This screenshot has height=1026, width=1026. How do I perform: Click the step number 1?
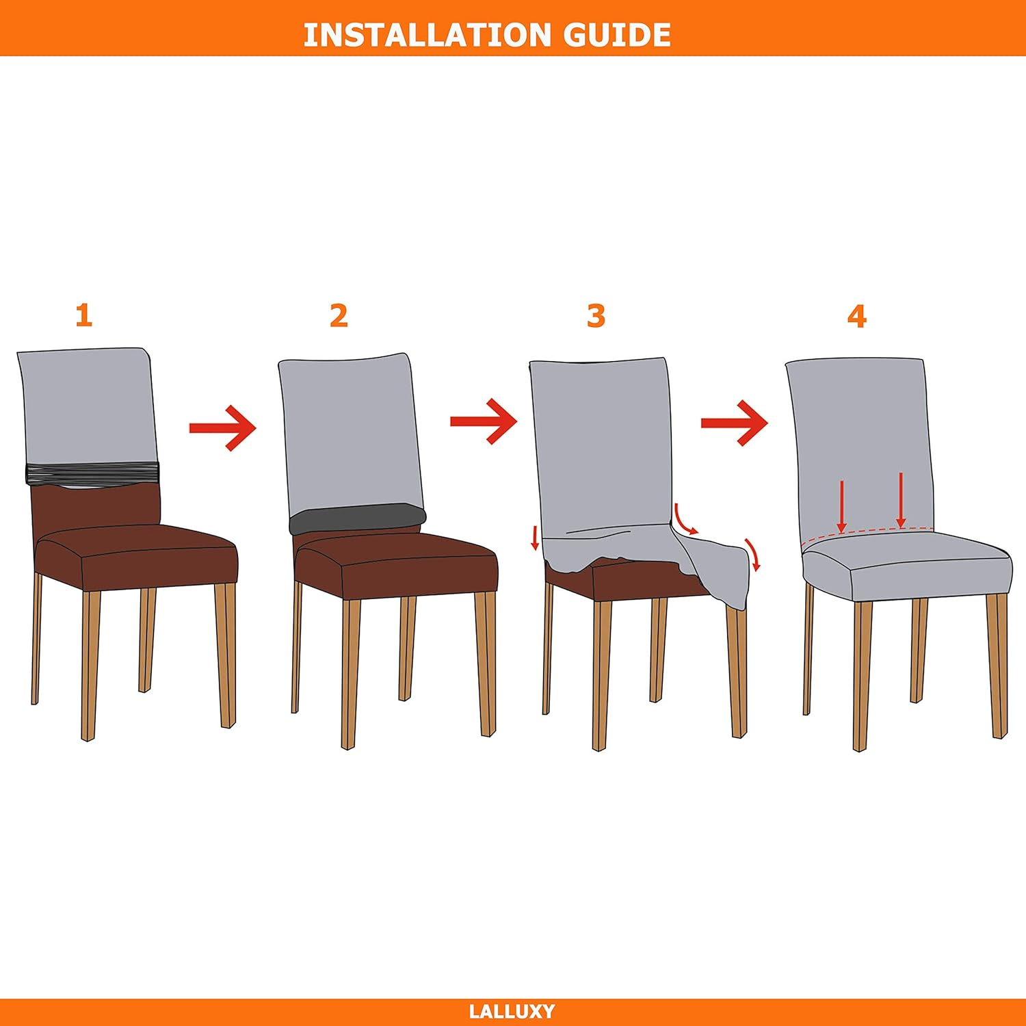(x=83, y=315)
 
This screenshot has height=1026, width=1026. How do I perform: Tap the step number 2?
(x=339, y=315)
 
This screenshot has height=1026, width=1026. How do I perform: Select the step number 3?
(x=596, y=315)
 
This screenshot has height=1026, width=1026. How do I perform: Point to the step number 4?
(x=856, y=315)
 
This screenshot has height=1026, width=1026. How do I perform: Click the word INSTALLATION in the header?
(x=428, y=35)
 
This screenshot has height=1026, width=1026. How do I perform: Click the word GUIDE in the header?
(x=617, y=35)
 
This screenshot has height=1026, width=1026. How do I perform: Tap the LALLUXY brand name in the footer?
(x=512, y=1011)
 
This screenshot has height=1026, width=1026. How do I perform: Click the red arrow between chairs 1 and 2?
(x=223, y=428)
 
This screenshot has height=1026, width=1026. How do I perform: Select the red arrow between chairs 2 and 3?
(x=484, y=421)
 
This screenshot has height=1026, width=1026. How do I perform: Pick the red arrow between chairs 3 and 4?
(x=735, y=423)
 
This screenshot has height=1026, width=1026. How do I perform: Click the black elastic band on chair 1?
(x=92, y=473)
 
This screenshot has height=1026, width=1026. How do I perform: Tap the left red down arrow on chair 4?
(x=842, y=507)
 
